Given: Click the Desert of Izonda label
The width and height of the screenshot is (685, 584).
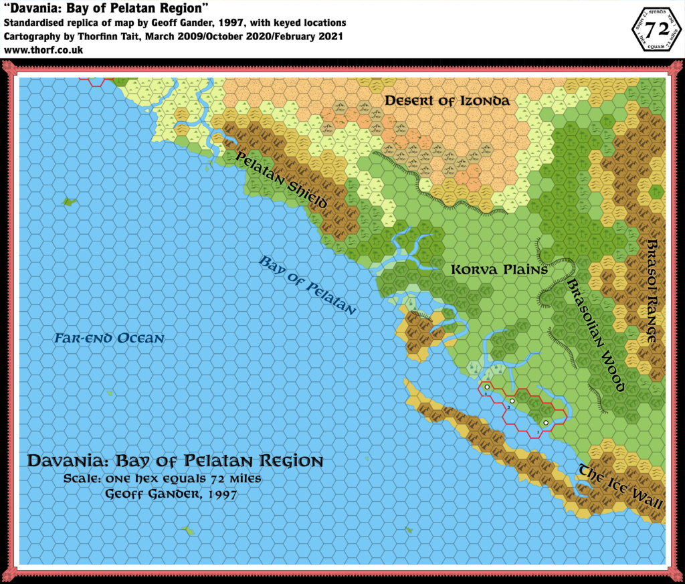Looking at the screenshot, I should (446, 101).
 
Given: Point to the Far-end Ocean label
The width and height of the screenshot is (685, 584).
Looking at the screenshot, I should (109, 338).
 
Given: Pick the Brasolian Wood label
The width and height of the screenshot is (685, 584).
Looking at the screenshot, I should (595, 334).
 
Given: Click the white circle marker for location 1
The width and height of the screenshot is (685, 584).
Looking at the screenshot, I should (546, 423).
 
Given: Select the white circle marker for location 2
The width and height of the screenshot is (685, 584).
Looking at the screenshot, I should (512, 401).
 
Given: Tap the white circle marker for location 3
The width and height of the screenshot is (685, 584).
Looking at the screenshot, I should (487, 387).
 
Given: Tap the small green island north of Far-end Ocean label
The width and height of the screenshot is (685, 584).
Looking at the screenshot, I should (67, 201).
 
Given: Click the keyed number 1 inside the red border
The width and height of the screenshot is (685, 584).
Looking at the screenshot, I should (537, 433).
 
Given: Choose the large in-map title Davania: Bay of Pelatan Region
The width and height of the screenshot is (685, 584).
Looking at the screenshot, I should (175, 462).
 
